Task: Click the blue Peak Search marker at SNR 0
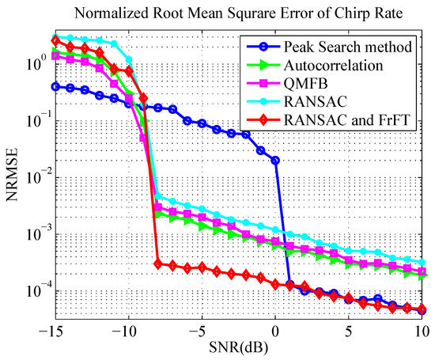(x=275, y=161)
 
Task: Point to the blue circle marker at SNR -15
(x=55, y=86)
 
